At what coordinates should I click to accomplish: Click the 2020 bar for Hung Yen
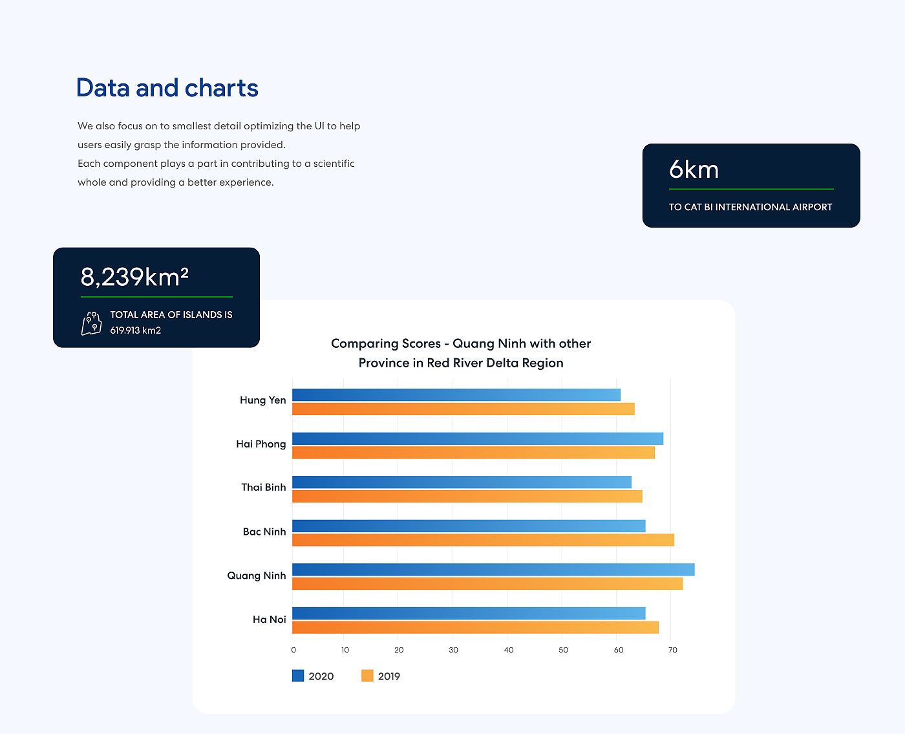(456, 395)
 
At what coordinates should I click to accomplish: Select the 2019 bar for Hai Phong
(473, 453)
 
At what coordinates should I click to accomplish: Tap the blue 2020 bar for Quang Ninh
(493, 570)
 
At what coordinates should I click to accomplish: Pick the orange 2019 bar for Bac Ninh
(483, 540)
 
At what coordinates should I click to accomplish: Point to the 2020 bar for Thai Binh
(462, 482)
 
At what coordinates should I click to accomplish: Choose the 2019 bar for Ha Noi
(475, 627)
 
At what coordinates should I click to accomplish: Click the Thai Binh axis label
(263, 488)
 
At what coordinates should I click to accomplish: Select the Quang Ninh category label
(256, 576)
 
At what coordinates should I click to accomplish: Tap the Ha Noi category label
(269, 620)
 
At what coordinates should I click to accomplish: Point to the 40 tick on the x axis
(509, 650)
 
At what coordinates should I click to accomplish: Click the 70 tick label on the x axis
(673, 650)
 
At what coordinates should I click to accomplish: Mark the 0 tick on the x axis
(293, 650)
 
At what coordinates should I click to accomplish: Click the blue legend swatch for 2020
(298, 676)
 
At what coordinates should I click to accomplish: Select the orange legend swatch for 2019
(367, 676)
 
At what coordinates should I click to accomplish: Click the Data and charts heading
(167, 88)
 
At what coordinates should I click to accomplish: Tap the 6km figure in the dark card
(694, 169)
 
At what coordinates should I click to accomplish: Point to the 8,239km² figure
(134, 277)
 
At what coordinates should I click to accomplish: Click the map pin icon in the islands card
(92, 323)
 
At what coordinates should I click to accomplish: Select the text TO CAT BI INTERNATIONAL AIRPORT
(751, 207)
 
